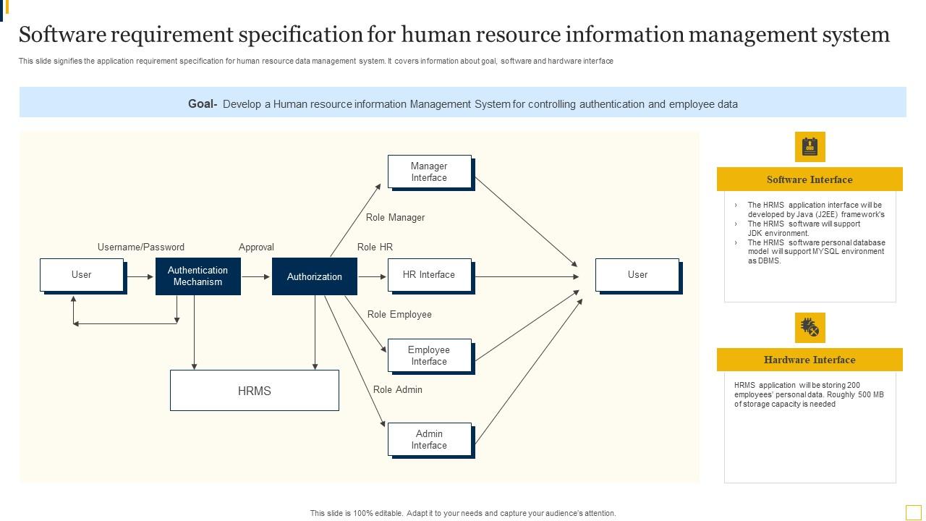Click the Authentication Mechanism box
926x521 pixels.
[197, 276]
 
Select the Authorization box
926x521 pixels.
[314, 276]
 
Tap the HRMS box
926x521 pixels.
[254, 391]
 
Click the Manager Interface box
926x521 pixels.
[429, 171]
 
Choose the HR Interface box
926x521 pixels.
[429, 275]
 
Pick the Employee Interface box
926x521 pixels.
[429, 355]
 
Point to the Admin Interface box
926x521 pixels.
[429, 439]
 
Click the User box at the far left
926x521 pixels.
[82, 275]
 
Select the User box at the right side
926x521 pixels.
[637, 275]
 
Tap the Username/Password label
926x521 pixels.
[141, 247]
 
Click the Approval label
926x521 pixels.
[256, 247]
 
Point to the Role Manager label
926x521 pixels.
[395, 218]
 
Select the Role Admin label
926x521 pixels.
[397, 390]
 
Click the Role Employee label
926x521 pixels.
[399, 315]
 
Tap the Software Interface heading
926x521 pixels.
[810, 179]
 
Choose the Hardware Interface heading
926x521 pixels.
[810, 360]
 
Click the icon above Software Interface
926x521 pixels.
[810, 147]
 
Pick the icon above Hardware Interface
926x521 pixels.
[810, 328]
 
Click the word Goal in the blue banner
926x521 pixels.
[202, 104]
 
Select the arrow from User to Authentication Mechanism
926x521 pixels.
[140, 276]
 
